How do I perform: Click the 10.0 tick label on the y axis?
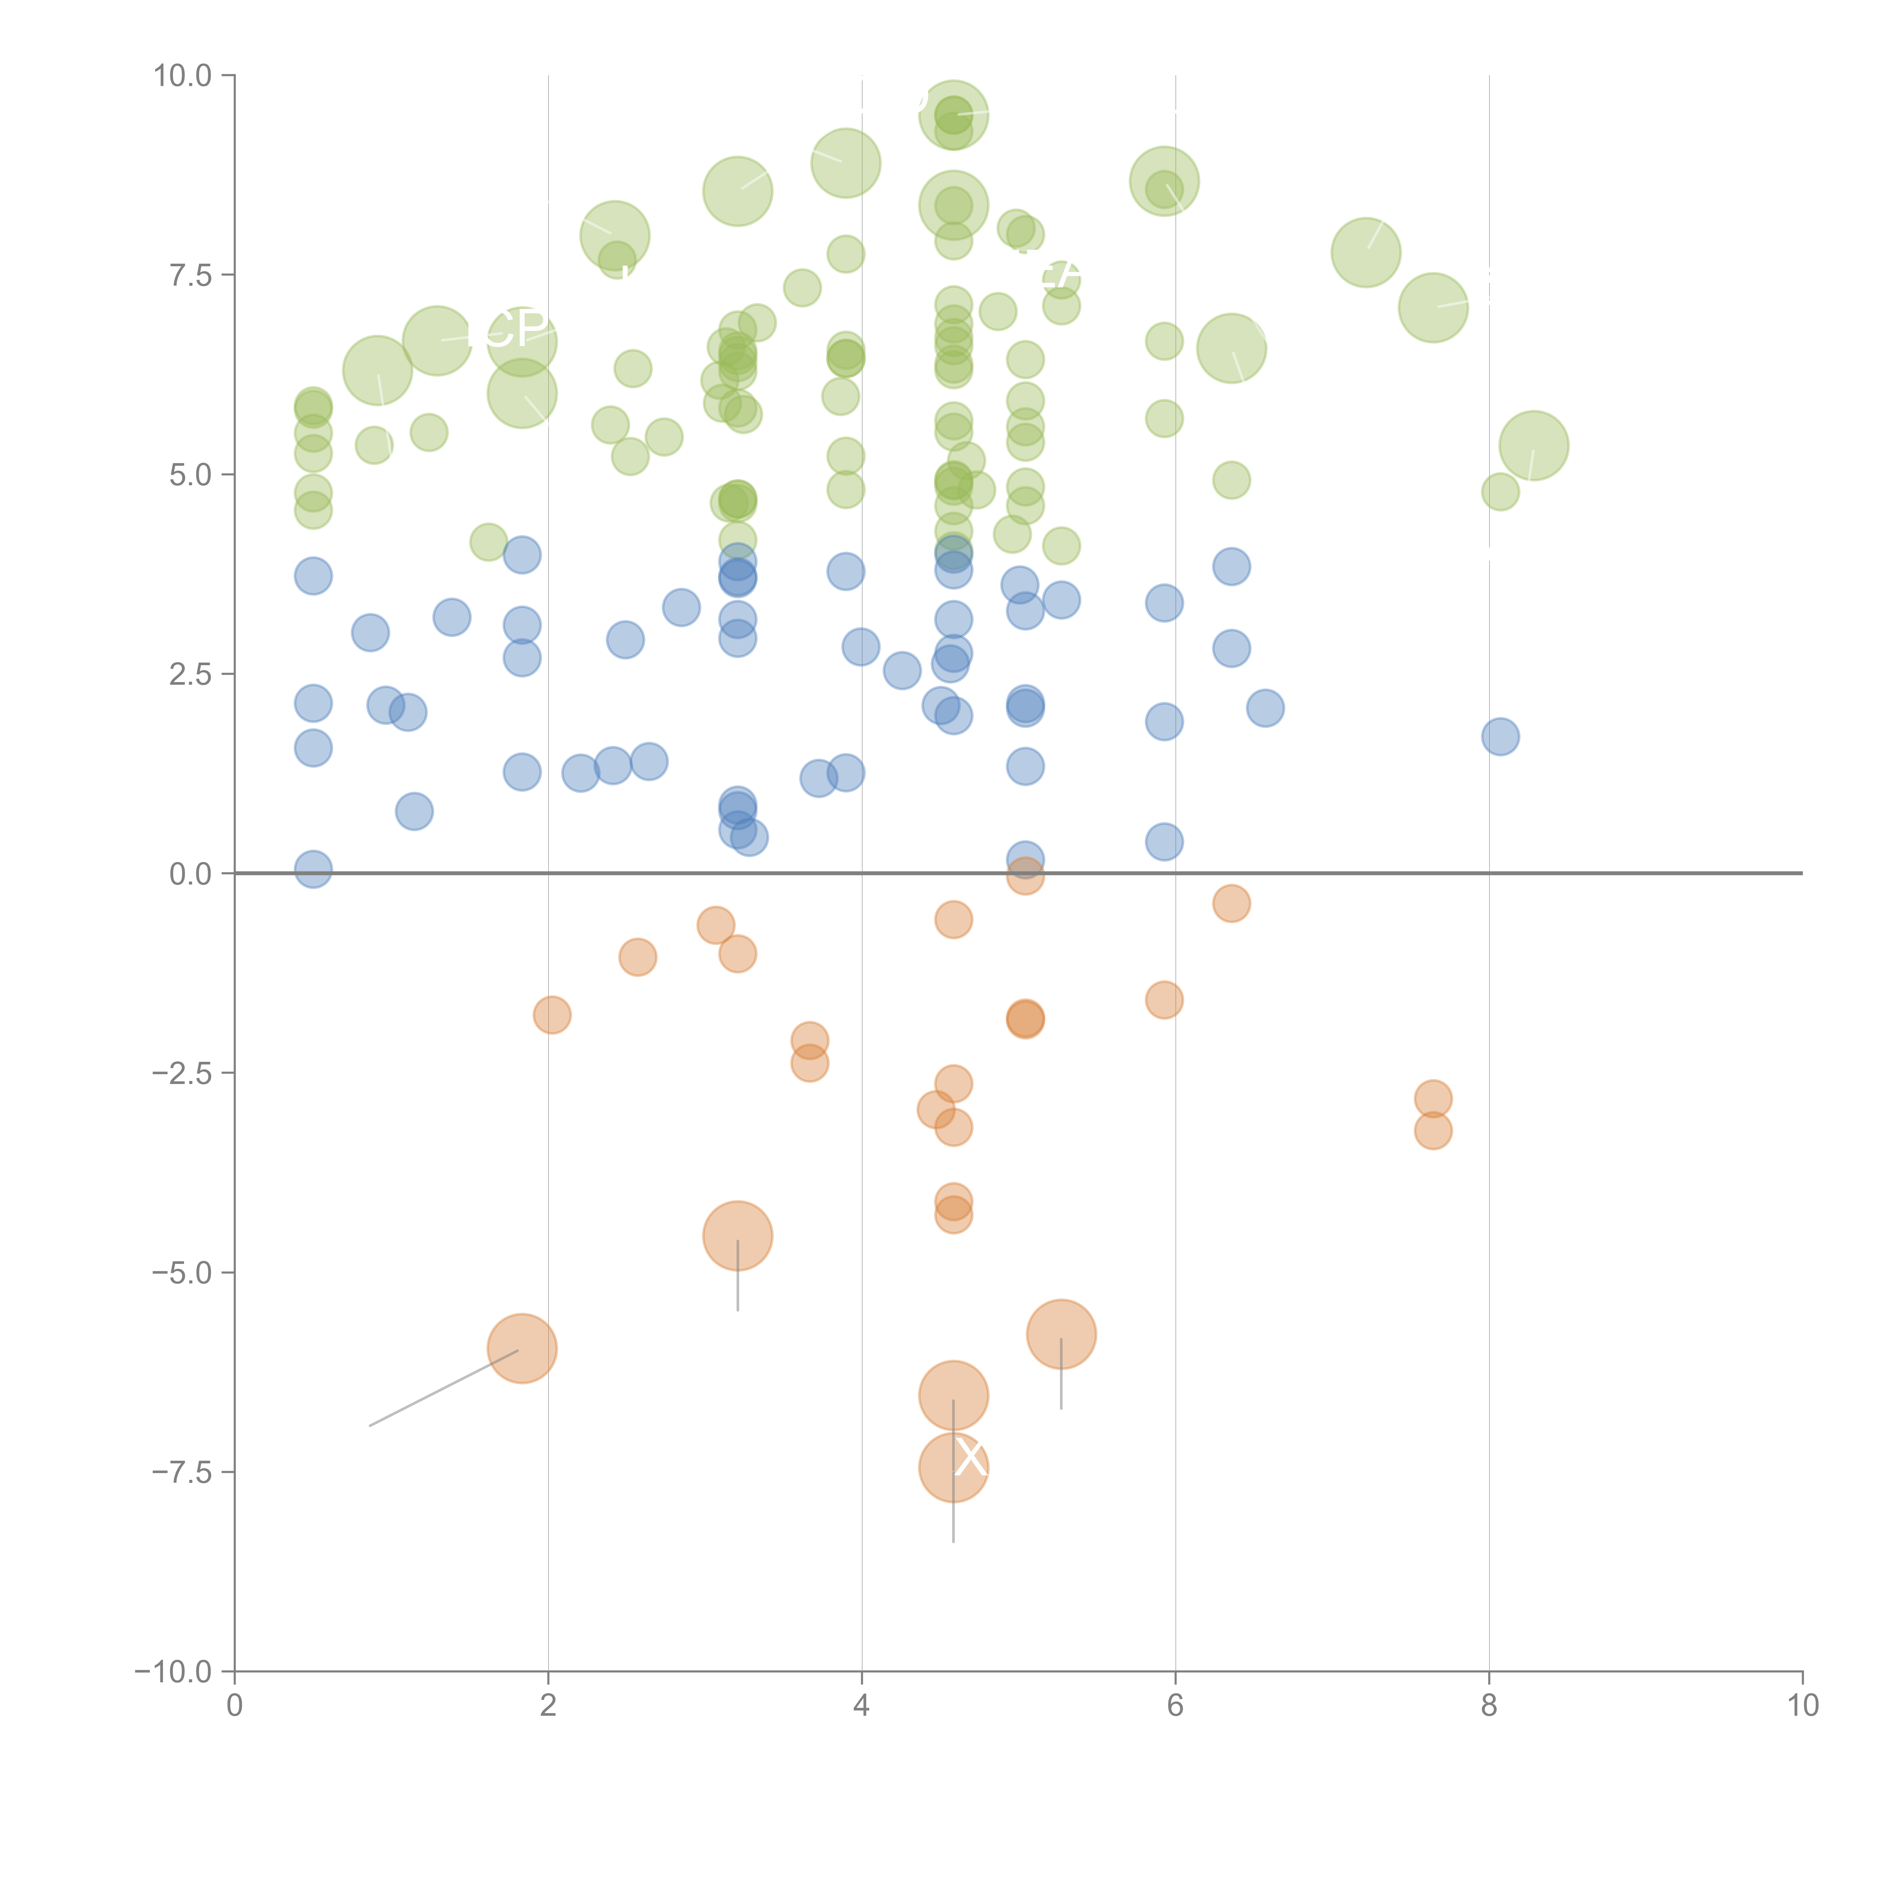pyautogui.click(x=183, y=76)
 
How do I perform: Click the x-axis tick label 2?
pyautogui.click(x=548, y=1705)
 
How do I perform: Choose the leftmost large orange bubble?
pyautogui.click(x=522, y=1348)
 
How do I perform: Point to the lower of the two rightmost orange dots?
pyautogui.click(x=1433, y=1131)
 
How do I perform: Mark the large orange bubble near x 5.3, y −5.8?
pyautogui.click(x=1060, y=1335)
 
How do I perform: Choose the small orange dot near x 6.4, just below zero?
pyautogui.click(x=1230, y=903)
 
